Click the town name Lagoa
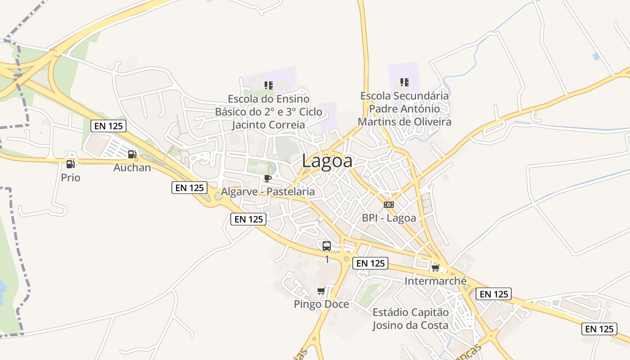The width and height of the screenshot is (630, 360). click(x=327, y=161)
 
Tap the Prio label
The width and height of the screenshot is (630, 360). click(x=71, y=178)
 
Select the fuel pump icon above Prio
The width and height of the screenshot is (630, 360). click(x=70, y=164)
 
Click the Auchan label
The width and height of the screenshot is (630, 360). click(x=132, y=168)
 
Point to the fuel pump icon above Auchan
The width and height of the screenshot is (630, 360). click(x=132, y=154)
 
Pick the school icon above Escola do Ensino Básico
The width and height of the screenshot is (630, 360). click(x=269, y=85)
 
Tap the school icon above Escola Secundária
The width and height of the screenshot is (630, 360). click(x=404, y=82)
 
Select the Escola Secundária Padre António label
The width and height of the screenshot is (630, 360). click(x=404, y=108)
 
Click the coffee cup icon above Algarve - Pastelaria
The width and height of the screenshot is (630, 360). click(x=268, y=178)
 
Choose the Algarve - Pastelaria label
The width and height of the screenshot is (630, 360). click(x=268, y=192)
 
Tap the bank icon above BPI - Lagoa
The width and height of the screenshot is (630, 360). click(x=389, y=205)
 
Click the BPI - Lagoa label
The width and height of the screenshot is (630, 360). click(x=389, y=218)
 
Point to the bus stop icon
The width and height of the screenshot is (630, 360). click(x=327, y=246)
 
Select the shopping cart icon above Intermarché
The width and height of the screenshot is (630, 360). click(x=435, y=268)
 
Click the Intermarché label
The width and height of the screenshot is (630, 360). click(x=435, y=281)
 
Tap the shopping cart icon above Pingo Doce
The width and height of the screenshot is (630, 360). click(x=321, y=291)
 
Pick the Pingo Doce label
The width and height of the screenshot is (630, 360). click(x=321, y=304)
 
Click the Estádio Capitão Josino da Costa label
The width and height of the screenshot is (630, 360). click(x=410, y=319)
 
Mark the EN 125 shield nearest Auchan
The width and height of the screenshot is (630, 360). click(x=108, y=126)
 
